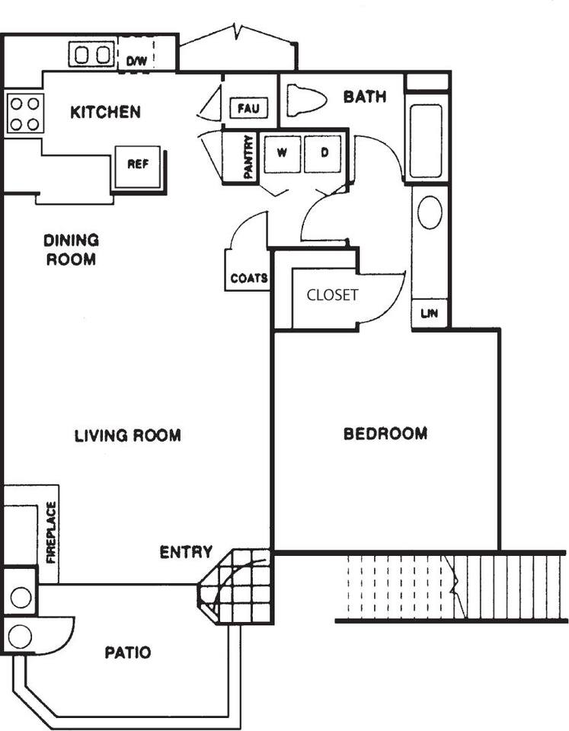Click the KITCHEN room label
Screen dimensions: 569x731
pos(105,112)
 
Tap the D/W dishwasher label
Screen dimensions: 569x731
pos(136,61)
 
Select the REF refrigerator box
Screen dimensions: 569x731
pos(138,167)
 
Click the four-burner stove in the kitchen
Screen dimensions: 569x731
pos(25,113)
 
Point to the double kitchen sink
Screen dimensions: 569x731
pos(92,55)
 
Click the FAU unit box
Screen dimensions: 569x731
pos(249,109)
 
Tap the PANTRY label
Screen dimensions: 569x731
pos(248,157)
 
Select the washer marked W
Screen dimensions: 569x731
pos(282,154)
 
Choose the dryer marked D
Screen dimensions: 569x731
pos(323,154)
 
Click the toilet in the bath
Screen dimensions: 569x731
pos(306,101)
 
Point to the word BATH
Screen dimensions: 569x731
pos(365,97)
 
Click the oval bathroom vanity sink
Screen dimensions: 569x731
pos(430,212)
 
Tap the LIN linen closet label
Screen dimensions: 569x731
pos(429,313)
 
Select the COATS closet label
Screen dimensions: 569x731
pos(249,279)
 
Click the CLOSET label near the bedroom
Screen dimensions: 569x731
pos(333,295)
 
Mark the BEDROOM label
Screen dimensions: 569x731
pos(385,433)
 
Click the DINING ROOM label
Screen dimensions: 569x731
pos(72,250)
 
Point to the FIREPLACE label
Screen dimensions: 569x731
pos(51,532)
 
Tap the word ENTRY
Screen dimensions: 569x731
pos(186,552)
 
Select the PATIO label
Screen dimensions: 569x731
pos(128,653)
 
